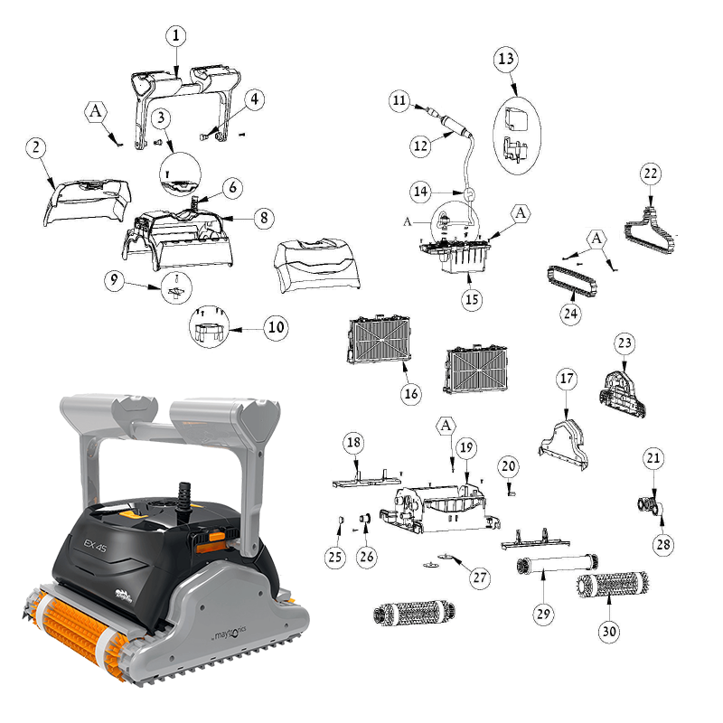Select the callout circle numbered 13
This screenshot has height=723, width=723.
(506, 59)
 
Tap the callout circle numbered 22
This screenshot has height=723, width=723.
(651, 172)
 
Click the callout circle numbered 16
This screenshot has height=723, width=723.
(411, 393)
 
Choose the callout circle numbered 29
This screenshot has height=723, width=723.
(542, 614)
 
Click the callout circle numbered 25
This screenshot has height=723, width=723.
(335, 557)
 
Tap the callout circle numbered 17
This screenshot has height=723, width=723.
(566, 380)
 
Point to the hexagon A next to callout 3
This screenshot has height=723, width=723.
(96, 111)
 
